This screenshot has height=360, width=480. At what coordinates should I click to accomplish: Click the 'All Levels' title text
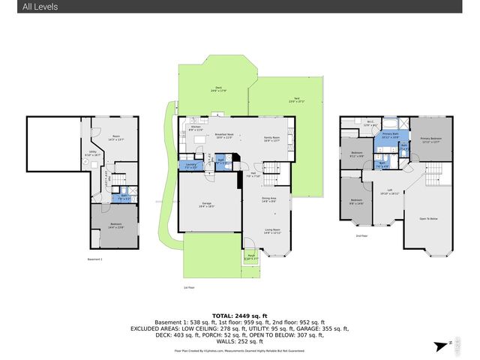29,7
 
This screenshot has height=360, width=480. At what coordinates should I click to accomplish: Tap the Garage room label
202,205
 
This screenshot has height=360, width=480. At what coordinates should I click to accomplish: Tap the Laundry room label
190,166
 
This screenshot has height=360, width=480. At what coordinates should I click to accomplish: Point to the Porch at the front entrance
251,257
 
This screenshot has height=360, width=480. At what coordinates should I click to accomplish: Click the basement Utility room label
93,153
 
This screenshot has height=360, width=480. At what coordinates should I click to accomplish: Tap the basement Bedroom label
116,225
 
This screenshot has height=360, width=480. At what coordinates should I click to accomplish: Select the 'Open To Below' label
428,219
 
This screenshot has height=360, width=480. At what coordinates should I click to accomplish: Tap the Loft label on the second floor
389,191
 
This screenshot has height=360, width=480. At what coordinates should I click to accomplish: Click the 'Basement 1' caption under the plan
94,259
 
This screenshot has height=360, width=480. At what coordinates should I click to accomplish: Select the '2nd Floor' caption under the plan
362,235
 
